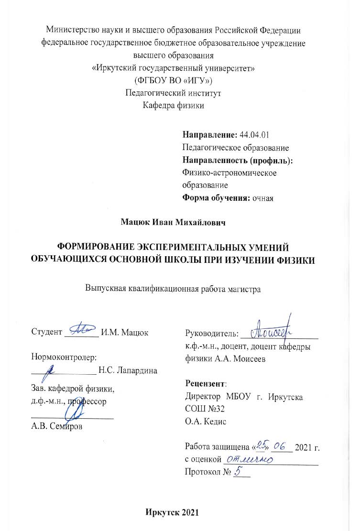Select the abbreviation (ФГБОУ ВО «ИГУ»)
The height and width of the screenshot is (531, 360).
(x=173, y=80)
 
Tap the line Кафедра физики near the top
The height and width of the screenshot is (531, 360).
(x=174, y=105)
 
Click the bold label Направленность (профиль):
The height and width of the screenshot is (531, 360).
(x=238, y=160)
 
